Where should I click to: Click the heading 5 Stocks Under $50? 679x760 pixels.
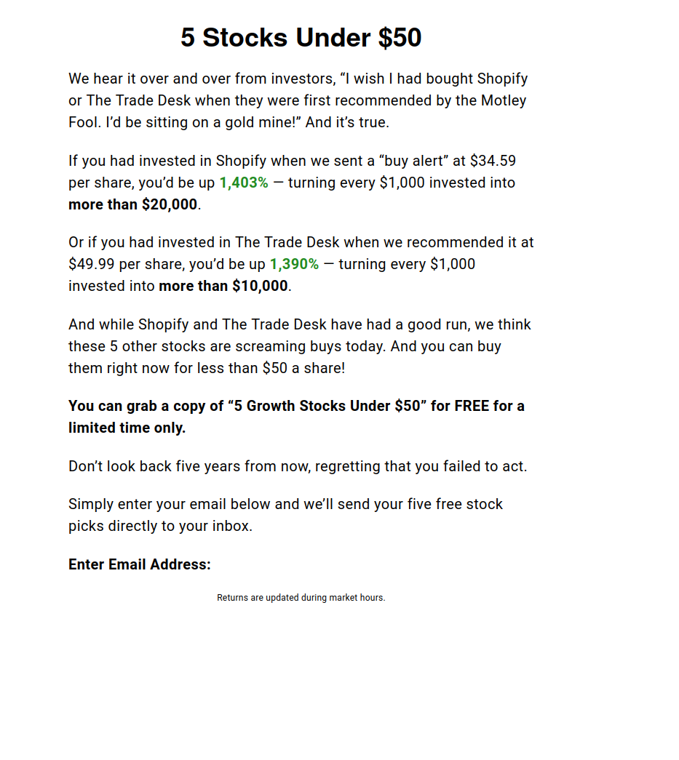pyautogui.click(x=301, y=38)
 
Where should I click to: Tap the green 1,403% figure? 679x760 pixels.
pyautogui.click(x=244, y=183)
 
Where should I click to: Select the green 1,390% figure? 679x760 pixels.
pyautogui.click(x=294, y=264)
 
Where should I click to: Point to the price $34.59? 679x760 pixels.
pyautogui.click(x=493, y=161)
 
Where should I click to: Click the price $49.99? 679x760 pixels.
pyautogui.click(x=89, y=264)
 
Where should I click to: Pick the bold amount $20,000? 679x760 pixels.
pyautogui.click(x=170, y=204)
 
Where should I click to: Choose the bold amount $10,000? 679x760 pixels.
pyautogui.click(x=260, y=286)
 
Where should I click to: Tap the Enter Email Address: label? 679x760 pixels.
pyautogui.click(x=140, y=564)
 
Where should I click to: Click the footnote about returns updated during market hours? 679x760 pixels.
pyautogui.click(x=301, y=598)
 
